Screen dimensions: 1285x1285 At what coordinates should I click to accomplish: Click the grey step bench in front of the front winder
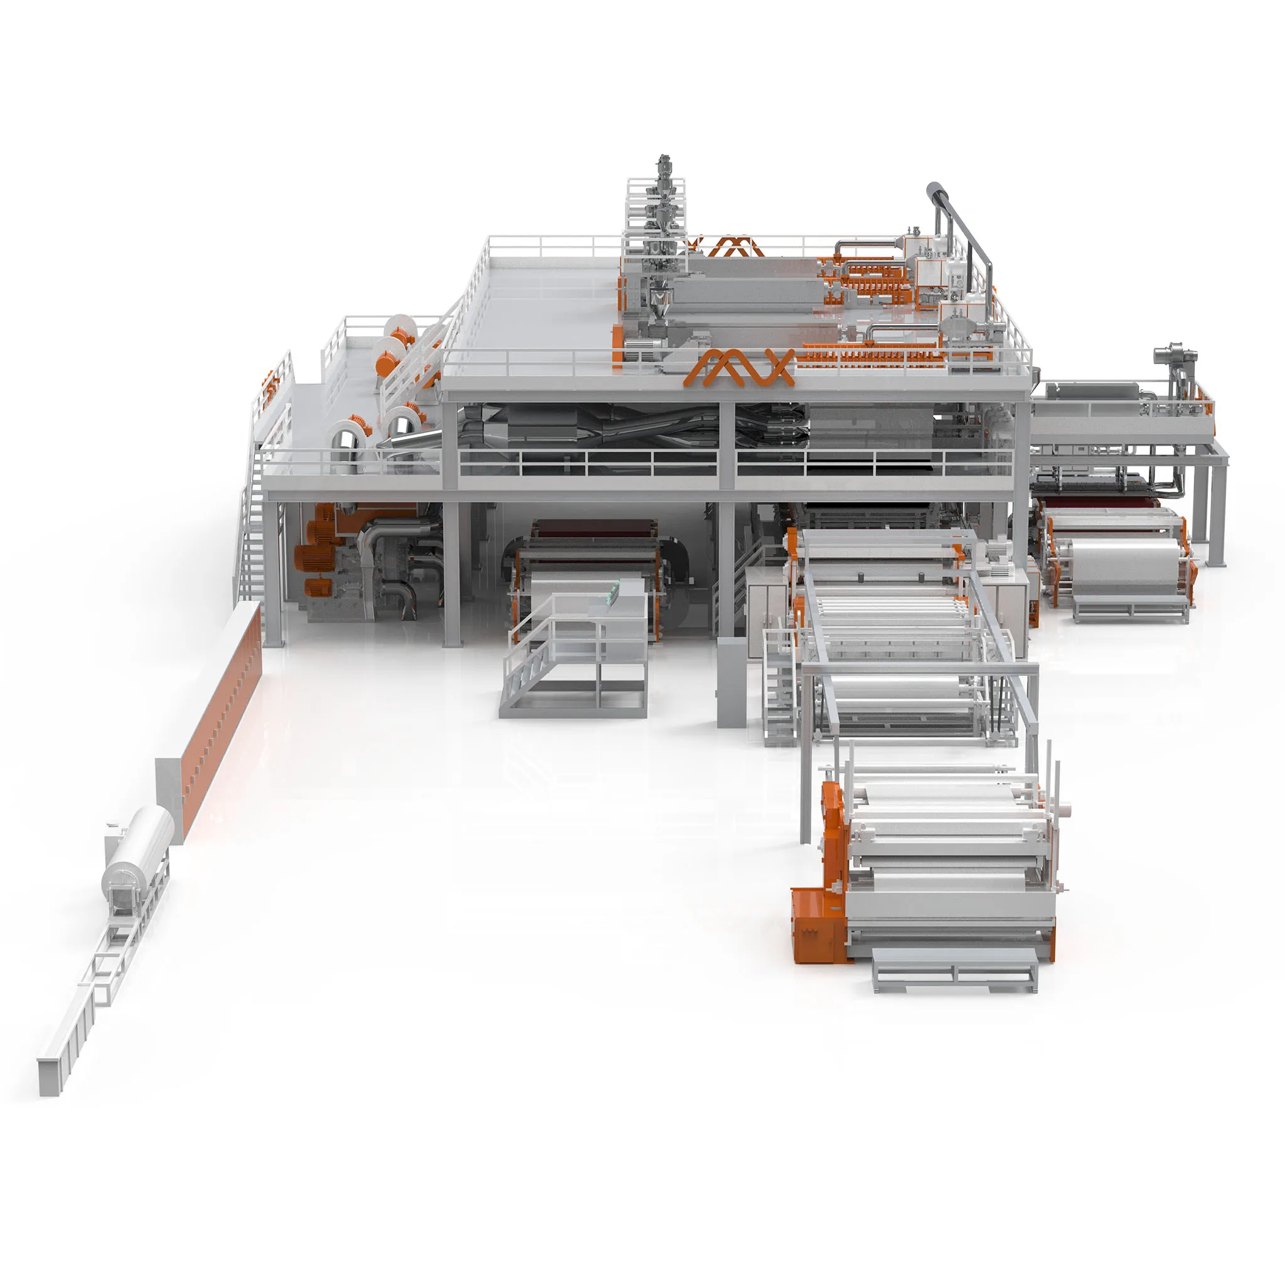[x=954, y=970]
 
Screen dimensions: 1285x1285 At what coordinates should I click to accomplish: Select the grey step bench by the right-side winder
[x=1131, y=608]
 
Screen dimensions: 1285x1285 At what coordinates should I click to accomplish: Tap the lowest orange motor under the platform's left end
[x=318, y=587]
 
